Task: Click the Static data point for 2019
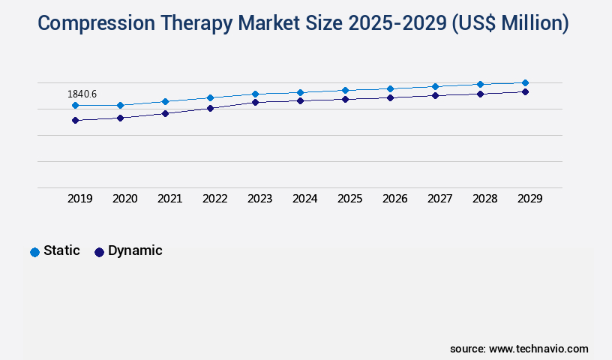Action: pos(75,106)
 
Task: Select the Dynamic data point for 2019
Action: pos(75,120)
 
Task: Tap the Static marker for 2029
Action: pos(525,82)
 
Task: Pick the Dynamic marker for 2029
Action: pos(525,91)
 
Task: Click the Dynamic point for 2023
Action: pos(255,102)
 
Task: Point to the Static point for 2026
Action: pos(390,88)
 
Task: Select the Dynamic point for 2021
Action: pos(165,113)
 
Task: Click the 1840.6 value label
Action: pos(82,94)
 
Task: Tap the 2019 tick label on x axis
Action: pos(80,199)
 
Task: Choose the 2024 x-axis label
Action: pos(305,199)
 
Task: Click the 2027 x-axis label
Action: pos(440,199)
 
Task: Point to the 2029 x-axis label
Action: pos(530,199)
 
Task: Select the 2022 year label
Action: pos(215,199)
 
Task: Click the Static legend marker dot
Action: pos(34,252)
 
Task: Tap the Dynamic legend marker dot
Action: pos(99,252)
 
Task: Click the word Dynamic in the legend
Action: pos(135,251)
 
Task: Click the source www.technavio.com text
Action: pos(519,349)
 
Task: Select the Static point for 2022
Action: pos(210,97)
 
